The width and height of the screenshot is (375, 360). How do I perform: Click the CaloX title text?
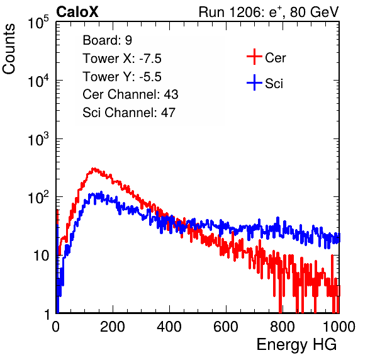[77, 12]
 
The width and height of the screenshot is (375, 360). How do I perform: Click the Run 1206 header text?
[269, 12]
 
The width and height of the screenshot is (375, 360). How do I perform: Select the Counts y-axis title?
[9, 48]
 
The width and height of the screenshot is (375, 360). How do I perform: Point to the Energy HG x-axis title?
[296, 345]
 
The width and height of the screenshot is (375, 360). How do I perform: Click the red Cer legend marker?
[254, 57]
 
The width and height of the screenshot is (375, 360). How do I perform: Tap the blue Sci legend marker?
[254, 83]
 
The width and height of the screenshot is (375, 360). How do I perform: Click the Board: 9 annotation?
[108, 40]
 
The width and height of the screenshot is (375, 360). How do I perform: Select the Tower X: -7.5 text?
[122, 59]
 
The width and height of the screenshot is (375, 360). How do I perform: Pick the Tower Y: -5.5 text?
[122, 77]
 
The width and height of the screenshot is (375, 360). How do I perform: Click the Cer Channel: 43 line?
[130, 94]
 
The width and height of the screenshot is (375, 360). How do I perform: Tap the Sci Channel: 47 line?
[129, 113]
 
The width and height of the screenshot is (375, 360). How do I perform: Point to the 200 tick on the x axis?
[113, 327]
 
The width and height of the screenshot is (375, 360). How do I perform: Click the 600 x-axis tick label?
[226, 327]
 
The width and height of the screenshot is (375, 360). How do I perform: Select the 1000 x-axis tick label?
[339, 327]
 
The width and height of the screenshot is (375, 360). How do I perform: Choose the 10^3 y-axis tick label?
[38, 139]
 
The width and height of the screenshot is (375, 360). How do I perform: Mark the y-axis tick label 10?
[42, 256]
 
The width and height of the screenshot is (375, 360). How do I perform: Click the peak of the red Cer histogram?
[94, 169]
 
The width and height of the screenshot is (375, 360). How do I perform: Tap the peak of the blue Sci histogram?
[101, 192]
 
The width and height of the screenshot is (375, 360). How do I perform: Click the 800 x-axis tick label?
[283, 327]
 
